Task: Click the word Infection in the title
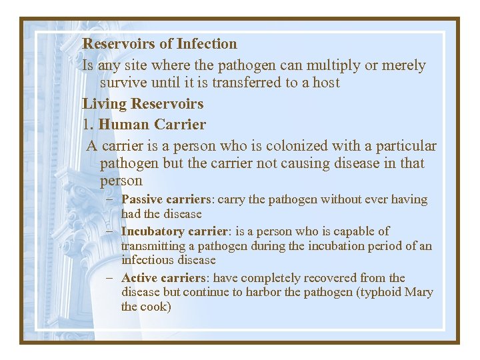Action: point(207,44)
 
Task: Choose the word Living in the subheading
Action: point(105,104)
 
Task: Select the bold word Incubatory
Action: point(153,231)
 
